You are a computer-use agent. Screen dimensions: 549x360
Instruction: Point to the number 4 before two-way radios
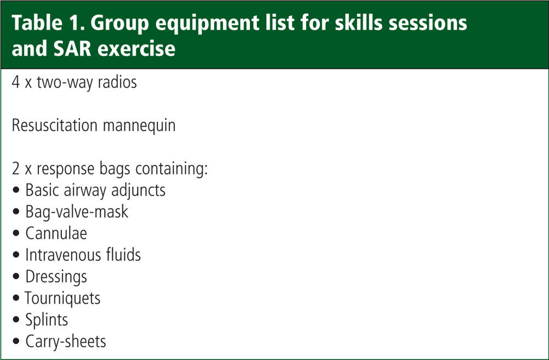point(16,82)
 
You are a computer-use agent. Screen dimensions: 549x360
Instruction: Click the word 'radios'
point(117,82)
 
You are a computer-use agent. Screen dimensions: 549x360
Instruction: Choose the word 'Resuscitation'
point(55,125)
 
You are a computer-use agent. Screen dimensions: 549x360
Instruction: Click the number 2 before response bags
point(16,168)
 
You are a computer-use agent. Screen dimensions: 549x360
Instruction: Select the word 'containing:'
point(171,169)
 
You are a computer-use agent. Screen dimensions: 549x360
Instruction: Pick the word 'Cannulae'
point(56,233)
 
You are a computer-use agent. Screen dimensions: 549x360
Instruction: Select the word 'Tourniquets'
point(62,299)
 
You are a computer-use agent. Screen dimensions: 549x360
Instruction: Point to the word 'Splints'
point(47,320)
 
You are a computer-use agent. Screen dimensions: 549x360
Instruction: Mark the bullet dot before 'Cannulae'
point(16,233)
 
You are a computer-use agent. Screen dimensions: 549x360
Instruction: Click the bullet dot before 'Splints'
point(16,320)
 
